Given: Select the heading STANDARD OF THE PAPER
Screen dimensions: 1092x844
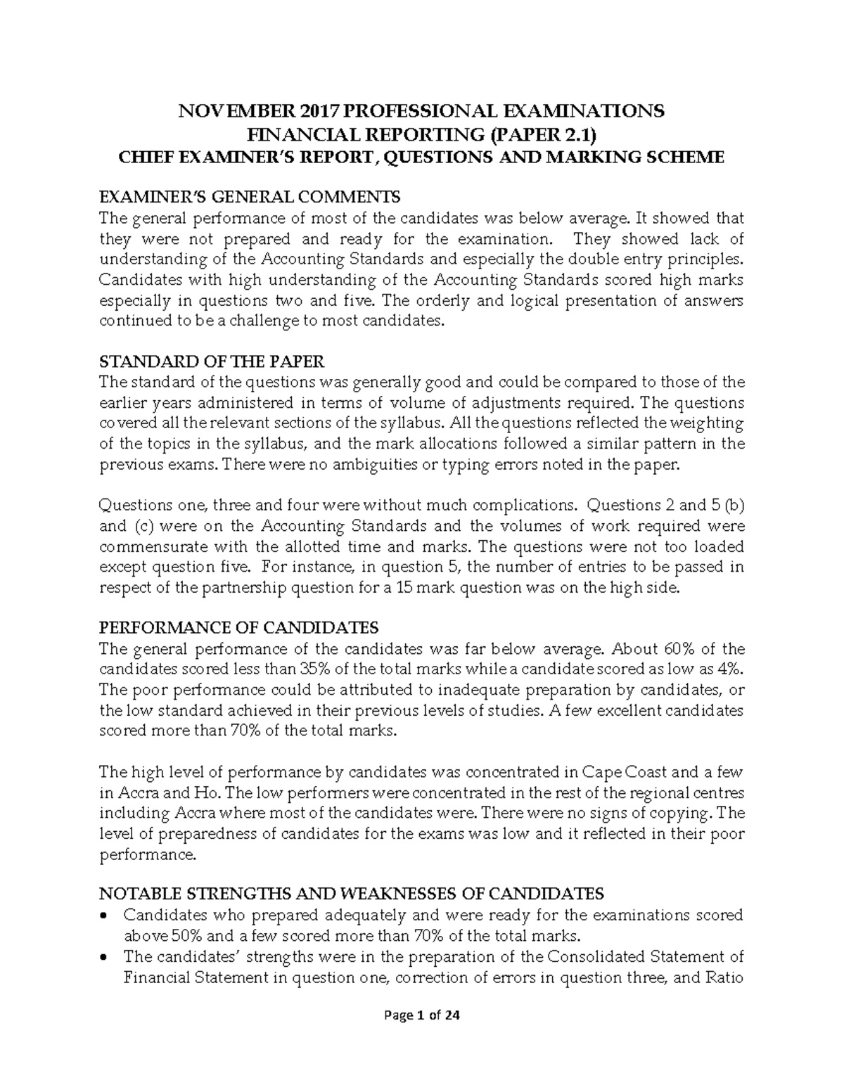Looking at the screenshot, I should coord(212,362).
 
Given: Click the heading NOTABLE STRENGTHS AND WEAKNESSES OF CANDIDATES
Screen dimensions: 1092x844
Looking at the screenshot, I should coord(352,894).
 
